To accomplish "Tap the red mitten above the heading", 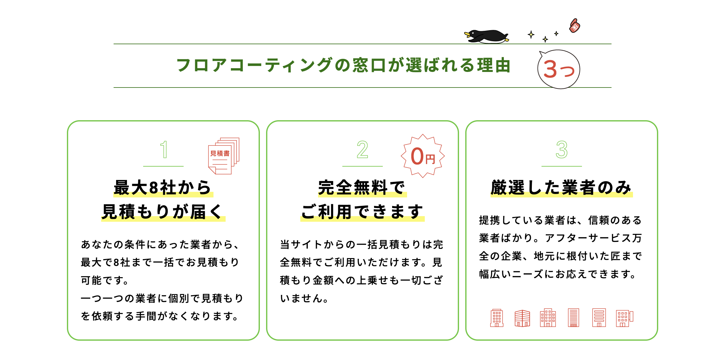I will click(x=574, y=26).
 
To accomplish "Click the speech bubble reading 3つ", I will click(x=559, y=69).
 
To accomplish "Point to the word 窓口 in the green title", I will click(x=369, y=65).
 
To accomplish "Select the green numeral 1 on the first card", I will click(x=164, y=149).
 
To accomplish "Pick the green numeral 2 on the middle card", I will click(x=362, y=149).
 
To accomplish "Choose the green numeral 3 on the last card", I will click(x=561, y=149).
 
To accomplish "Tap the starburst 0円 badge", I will click(x=423, y=156).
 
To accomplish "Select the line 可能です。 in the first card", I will click(x=105, y=280).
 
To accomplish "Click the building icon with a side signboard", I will click(x=624, y=318).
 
